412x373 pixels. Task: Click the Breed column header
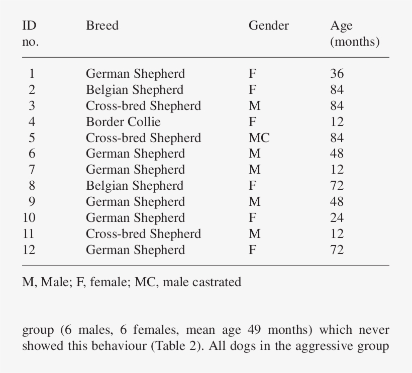click(102, 26)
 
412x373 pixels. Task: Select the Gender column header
click(268, 26)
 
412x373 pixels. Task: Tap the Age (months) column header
click(354, 34)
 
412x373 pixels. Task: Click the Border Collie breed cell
click(123, 121)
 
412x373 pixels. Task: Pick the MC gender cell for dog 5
click(259, 138)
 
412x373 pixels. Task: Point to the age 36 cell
click(337, 74)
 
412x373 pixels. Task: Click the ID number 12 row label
click(29, 250)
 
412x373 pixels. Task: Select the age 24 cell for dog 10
click(337, 217)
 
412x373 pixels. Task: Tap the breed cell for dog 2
click(134, 90)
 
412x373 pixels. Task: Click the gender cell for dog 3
click(254, 106)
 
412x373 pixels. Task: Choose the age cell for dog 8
click(337, 186)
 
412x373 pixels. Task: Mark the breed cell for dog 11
click(143, 233)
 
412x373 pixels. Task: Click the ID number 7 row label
click(32, 170)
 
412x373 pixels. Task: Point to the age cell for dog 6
click(337, 154)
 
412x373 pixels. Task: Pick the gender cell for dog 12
click(252, 250)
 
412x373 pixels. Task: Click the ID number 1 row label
click(32, 74)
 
